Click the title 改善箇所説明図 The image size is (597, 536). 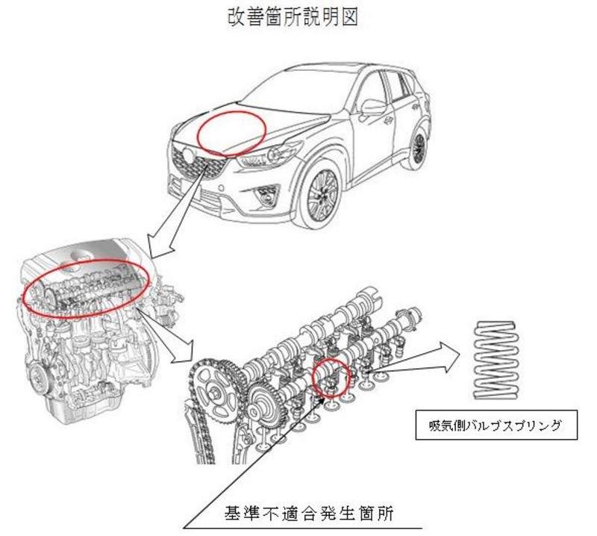coord(293,18)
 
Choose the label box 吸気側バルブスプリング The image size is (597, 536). coord(489,428)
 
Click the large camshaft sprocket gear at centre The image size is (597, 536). coord(266,403)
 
